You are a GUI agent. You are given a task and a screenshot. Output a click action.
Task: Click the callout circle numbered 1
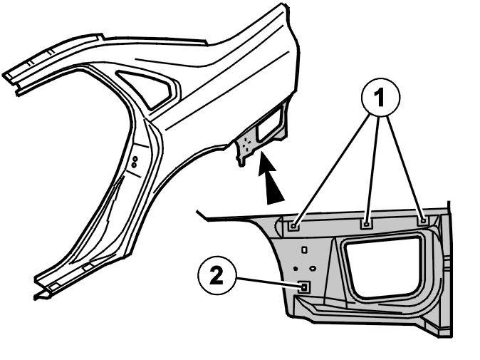point(380,98)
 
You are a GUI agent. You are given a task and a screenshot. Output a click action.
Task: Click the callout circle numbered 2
point(216,275)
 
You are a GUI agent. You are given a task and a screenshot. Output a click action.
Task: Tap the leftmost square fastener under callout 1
point(294,226)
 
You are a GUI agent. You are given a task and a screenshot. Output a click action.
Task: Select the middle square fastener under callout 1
point(367,224)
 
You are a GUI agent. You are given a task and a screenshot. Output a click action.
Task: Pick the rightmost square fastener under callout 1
point(423,220)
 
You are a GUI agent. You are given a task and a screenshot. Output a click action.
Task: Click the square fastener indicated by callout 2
point(304,287)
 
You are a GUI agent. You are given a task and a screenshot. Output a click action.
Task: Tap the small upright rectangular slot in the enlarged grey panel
point(304,250)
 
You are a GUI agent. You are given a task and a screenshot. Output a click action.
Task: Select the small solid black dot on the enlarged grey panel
point(296,269)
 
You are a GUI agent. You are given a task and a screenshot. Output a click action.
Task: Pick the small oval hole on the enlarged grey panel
point(313,268)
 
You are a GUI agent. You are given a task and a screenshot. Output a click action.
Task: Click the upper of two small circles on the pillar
point(135,159)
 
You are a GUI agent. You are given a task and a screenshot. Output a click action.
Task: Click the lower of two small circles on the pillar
point(134,165)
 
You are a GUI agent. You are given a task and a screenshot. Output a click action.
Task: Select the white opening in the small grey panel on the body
point(269,125)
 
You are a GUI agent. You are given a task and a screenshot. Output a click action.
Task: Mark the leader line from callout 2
point(267,282)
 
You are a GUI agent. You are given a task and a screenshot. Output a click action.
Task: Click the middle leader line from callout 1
point(373,169)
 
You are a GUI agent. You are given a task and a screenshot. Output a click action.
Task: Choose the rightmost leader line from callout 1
point(405,168)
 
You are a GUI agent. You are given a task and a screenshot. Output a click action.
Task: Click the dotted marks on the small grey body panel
point(246,143)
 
